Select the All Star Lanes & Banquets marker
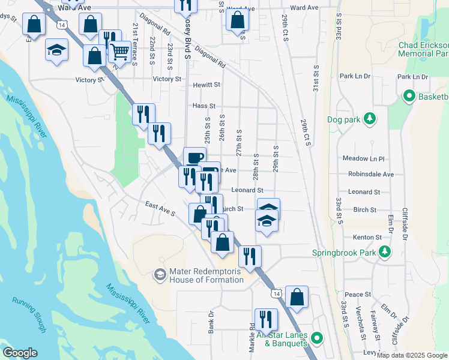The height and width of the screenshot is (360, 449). click(x=318, y=339)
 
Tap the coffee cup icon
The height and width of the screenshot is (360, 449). click(x=193, y=158)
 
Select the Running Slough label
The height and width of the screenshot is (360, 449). click(x=29, y=313)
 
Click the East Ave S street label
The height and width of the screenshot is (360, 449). click(x=160, y=209)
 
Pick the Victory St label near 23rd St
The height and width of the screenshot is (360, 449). click(x=167, y=79)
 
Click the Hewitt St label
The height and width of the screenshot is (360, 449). click(x=206, y=85)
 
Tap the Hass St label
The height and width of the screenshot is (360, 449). click(x=204, y=106)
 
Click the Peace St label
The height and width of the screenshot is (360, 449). click(x=357, y=295)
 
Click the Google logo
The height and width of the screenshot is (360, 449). click(x=20, y=353)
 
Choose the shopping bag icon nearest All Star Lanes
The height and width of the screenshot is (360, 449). click(x=297, y=296)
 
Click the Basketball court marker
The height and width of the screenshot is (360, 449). click(x=410, y=97)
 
